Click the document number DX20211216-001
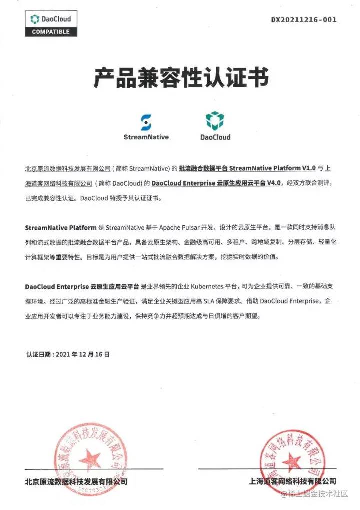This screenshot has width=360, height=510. tap(304, 20)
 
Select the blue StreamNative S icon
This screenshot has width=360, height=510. tap(146, 122)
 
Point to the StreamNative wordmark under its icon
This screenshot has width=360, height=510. tap(146, 137)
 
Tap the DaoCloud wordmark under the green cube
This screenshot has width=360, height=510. tap(215, 137)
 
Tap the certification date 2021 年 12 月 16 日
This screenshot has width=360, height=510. tap(82, 354)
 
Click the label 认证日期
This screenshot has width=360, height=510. tap(38, 354)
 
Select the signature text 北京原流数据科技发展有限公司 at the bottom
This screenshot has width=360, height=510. tap(76, 482)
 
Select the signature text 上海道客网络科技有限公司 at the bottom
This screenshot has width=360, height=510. tap(292, 481)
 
